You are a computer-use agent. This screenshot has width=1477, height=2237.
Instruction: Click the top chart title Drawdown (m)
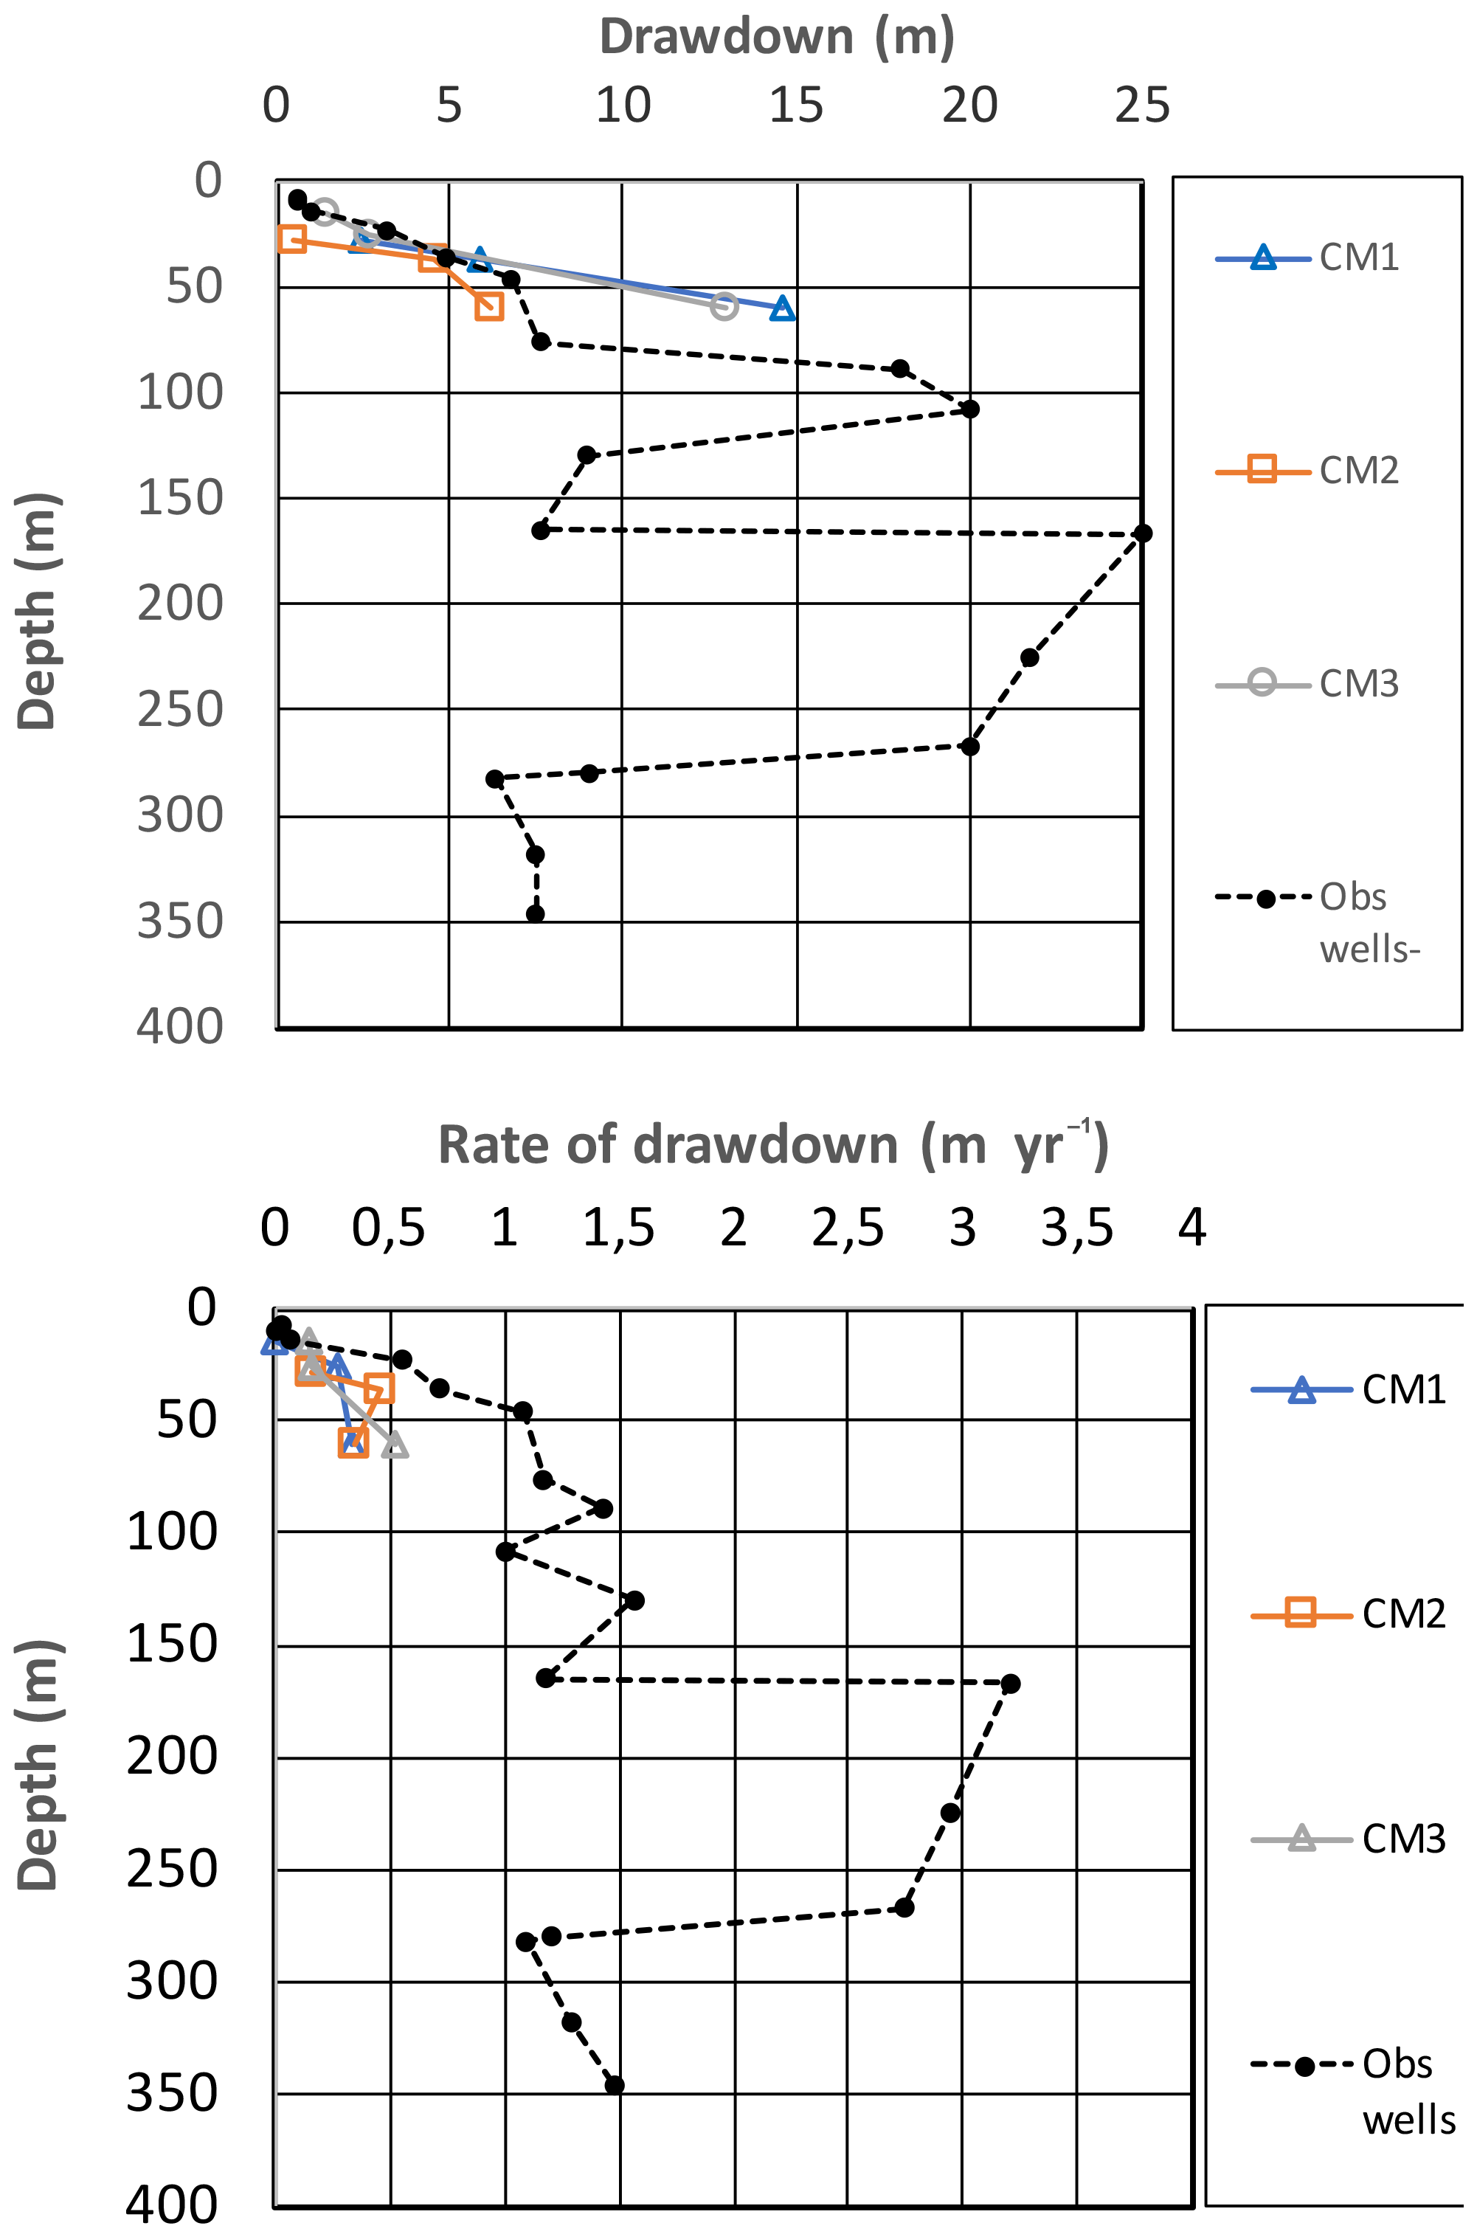point(777,38)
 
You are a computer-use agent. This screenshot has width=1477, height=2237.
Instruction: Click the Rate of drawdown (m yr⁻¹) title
point(772,1144)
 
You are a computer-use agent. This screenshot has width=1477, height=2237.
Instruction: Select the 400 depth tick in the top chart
point(180,1026)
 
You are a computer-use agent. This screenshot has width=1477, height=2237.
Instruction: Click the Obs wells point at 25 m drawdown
point(1143,534)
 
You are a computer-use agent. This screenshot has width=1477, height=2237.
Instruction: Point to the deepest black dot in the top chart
point(535,913)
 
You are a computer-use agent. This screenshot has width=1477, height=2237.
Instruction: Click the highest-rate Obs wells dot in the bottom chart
point(1010,1683)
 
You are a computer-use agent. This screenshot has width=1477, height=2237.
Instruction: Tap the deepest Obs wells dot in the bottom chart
point(614,2084)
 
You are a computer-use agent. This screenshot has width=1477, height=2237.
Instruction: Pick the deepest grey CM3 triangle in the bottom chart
point(395,1445)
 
